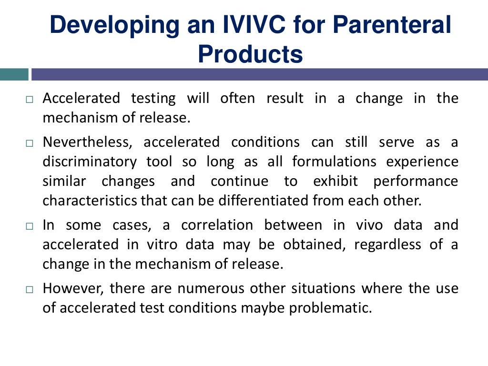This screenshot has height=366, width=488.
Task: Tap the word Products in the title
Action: (250, 54)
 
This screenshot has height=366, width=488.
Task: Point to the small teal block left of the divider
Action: (14, 74)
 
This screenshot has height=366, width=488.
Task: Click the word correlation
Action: (217, 225)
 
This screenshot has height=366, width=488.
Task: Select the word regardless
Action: (386, 244)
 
